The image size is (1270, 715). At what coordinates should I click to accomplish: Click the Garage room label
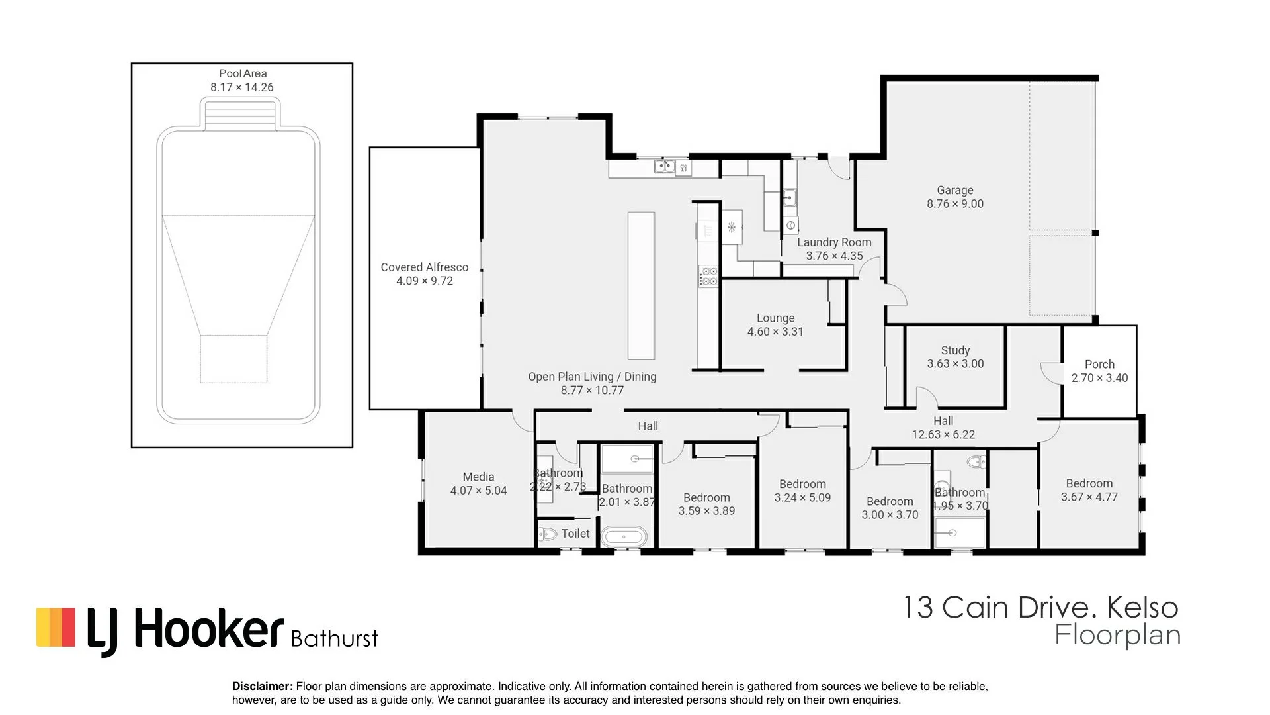pos(954,190)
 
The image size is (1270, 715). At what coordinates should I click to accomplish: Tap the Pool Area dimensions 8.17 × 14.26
pos(242,87)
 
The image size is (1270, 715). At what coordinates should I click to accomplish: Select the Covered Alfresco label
pos(425,267)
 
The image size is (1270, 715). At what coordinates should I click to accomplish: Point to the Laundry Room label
pos(834,242)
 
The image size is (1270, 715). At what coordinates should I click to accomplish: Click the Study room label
pos(955,350)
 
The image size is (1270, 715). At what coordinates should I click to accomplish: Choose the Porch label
pos(1099,364)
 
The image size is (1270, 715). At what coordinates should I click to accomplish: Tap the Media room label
pos(478,477)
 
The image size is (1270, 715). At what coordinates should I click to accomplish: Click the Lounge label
pos(776,318)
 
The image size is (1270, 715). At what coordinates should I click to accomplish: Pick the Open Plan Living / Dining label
pos(592,377)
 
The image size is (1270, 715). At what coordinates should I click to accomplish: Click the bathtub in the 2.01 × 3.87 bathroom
pos(626,536)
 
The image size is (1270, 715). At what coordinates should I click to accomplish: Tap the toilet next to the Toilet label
pos(548,534)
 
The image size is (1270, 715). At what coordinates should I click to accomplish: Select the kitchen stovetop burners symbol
pos(708,276)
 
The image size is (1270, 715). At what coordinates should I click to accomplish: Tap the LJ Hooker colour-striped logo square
pos(56,627)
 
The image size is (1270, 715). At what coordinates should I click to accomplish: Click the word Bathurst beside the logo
pos(335,638)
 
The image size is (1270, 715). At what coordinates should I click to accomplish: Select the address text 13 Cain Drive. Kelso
pos(1041,607)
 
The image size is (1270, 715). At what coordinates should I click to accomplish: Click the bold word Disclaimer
pos(263,687)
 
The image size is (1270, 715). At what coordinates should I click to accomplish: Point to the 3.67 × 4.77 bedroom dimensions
pos(1089,497)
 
